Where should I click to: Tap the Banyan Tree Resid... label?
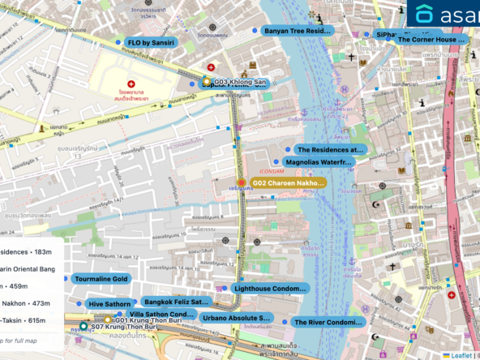(x=298, y=31)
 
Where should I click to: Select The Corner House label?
(x=431, y=39)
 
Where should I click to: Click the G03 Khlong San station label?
(x=239, y=82)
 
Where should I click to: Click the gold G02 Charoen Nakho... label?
(x=288, y=183)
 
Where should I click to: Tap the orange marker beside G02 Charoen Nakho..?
(x=241, y=182)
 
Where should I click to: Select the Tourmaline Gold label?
(x=101, y=279)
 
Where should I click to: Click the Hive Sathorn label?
(x=109, y=304)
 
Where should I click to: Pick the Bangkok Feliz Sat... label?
(x=175, y=302)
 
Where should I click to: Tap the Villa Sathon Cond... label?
(x=161, y=314)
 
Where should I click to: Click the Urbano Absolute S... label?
(x=236, y=318)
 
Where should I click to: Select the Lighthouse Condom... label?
(x=270, y=288)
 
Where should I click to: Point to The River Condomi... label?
(x=328, y=322)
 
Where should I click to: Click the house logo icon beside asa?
(x=422, y=15)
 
